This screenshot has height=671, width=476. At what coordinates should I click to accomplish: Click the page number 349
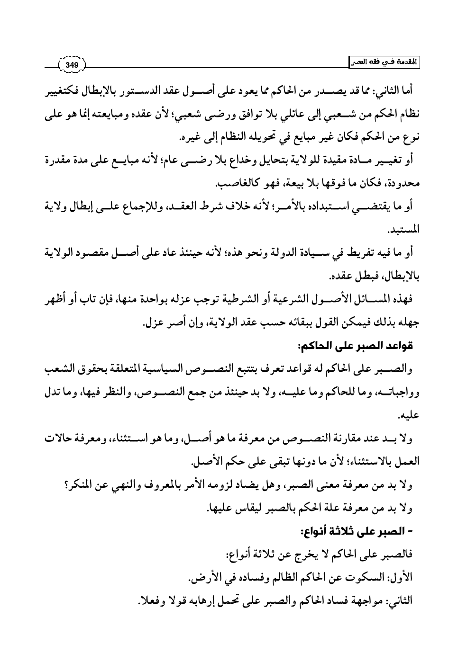point(72,64)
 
